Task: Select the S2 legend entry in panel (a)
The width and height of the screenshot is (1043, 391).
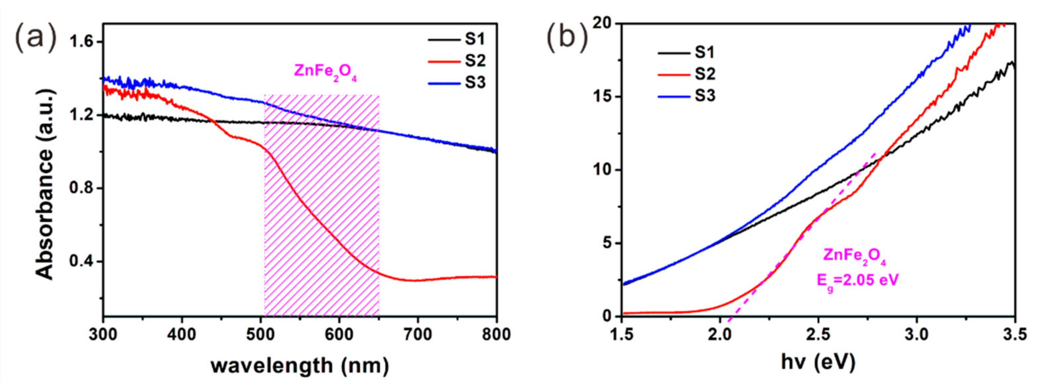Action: tap(457, 61)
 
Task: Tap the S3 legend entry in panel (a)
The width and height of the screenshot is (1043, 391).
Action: tap(457, 83)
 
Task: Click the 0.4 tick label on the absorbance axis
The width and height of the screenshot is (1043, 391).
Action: tap(80, 261)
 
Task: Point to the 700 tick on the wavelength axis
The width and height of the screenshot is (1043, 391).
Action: tap(418, 335)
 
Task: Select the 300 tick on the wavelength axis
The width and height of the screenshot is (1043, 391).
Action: tap(104, 335)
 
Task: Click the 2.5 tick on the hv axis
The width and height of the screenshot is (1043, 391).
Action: tap(818, 335)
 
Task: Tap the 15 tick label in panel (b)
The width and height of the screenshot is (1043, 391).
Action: tap(600, 97)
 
